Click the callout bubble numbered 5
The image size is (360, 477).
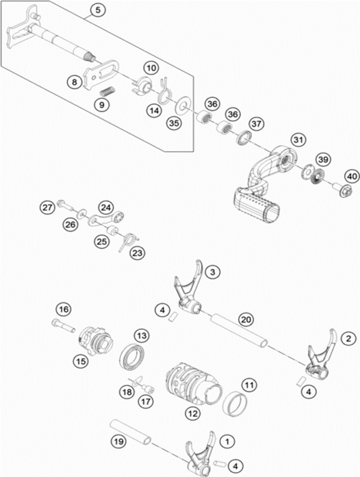[98, 10]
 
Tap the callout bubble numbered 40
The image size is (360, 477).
[352, 177]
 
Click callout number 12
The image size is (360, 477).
[192, 413]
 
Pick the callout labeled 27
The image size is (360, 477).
[47, 208]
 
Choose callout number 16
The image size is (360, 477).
[64, 310]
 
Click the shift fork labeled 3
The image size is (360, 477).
[188, 294]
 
